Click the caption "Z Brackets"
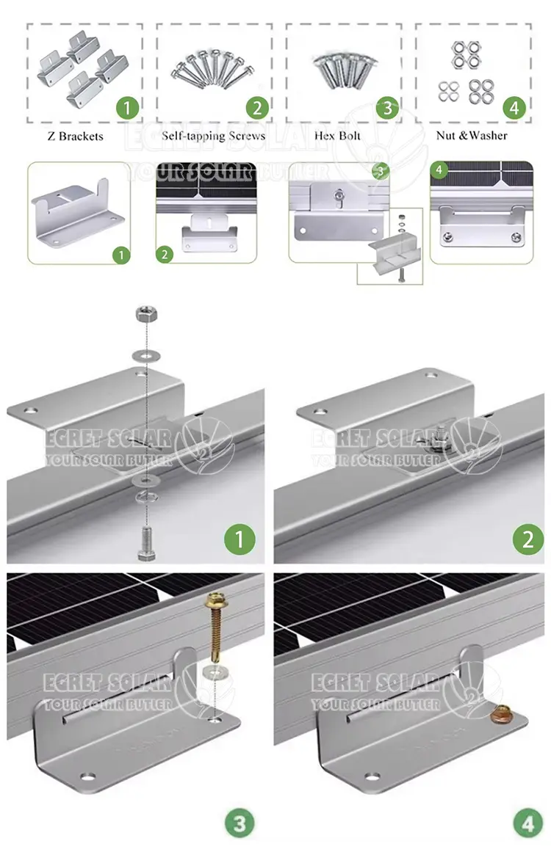(75, 136)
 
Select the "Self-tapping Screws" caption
(213, 136)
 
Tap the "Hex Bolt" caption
(337, 135)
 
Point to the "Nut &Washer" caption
(472, 135)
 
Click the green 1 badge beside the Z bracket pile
(128, 108)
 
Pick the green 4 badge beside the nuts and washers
(514, 108)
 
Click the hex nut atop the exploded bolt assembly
(146, 313)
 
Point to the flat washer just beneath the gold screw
(215, 673)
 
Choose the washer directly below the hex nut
(146, 356)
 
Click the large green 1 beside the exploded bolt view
(240, 539)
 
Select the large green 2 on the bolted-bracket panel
(528, 539)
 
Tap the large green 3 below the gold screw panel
(240, 823)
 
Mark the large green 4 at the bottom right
(527, 823)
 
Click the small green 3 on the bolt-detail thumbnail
(381, 171)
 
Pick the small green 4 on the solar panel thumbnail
(439, 170)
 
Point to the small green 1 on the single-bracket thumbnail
(121, 255)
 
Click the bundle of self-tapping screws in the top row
(212, 69)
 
